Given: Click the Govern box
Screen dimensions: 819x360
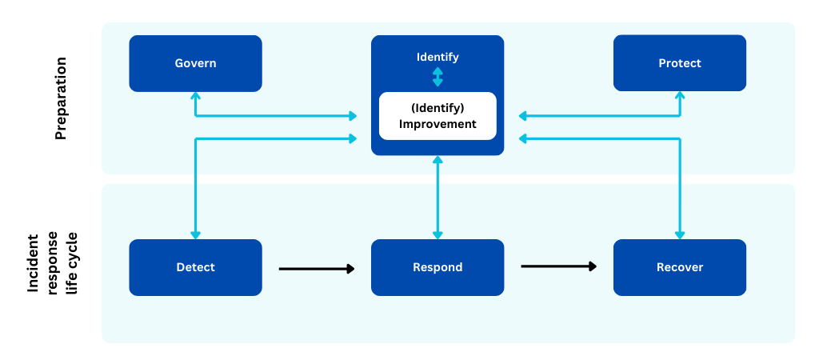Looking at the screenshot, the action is click(x=195, y=63).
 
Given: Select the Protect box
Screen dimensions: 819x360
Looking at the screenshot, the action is click(x=680, y=63).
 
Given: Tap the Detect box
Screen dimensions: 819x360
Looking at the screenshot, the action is click(x=195, y=267).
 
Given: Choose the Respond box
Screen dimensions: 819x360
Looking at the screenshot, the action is click(x=437, y=267).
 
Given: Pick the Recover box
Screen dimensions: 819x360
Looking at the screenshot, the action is click(x=680, y=267).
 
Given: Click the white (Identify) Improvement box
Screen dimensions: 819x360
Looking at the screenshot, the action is click(x=437, y=116).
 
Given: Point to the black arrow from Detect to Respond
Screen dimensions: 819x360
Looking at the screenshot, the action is click(x=317, y=269).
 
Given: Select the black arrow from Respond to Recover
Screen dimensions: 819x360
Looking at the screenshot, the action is click(x=559, y=266).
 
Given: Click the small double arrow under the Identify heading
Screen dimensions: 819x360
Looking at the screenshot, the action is click(x=437, y=77).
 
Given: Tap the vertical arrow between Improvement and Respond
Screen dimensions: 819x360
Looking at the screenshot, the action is click(x=437, y=198).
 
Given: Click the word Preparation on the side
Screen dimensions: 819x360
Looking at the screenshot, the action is click(x=61, y=98).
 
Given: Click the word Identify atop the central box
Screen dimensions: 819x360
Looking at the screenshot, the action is click(x=437, y=57).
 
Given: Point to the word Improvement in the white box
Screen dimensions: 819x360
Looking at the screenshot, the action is click(x=437, y=124).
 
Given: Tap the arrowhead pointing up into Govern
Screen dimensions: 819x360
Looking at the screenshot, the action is click(x=195, y=96).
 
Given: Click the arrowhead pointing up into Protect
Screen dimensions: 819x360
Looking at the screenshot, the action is click(x=680, y=95).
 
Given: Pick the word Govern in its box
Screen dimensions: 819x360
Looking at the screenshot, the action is click(x=195, y=64).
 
